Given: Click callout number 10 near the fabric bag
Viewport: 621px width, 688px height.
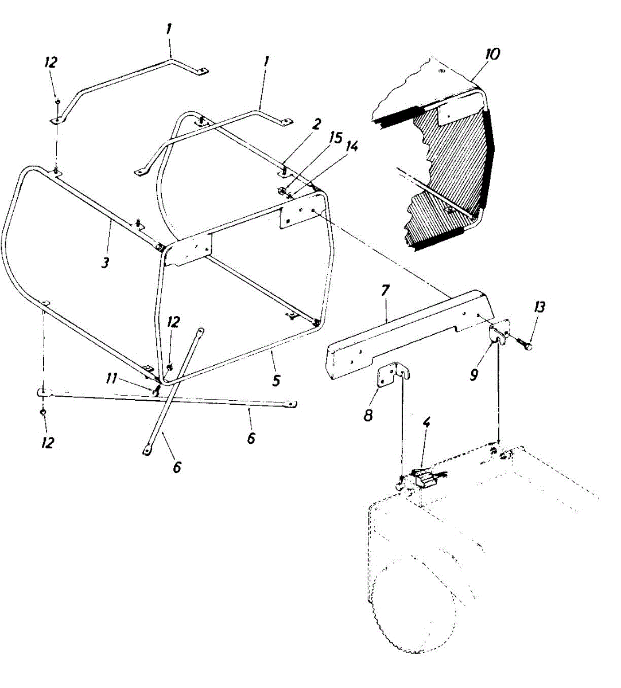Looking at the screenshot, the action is point(492,54).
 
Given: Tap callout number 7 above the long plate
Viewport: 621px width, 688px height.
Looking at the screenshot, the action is point(385,291).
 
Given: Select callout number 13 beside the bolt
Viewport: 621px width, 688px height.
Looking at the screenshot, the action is point(539,307).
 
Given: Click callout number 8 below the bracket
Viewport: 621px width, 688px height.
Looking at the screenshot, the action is point(368,415).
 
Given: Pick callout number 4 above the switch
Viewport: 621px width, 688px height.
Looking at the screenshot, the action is point(426,424).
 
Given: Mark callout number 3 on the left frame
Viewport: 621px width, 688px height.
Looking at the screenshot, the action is point(104,263).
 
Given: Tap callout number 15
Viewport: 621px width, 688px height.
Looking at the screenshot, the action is point(336,138).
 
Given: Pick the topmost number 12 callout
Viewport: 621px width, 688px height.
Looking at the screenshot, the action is point(51,63).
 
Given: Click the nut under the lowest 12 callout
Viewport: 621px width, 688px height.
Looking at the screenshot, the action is point(43,412).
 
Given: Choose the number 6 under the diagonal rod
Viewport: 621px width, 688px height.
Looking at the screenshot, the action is point(176,467).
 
